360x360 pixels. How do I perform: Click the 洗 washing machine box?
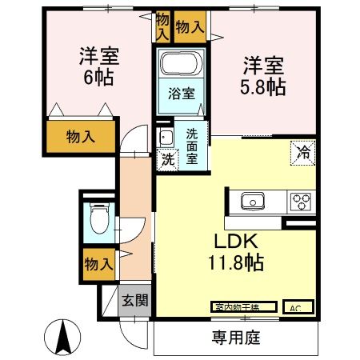(166, 158)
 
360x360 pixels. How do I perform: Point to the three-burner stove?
(302, 200)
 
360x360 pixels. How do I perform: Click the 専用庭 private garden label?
(236, 338)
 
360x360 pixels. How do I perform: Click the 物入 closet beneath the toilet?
(98, 262)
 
